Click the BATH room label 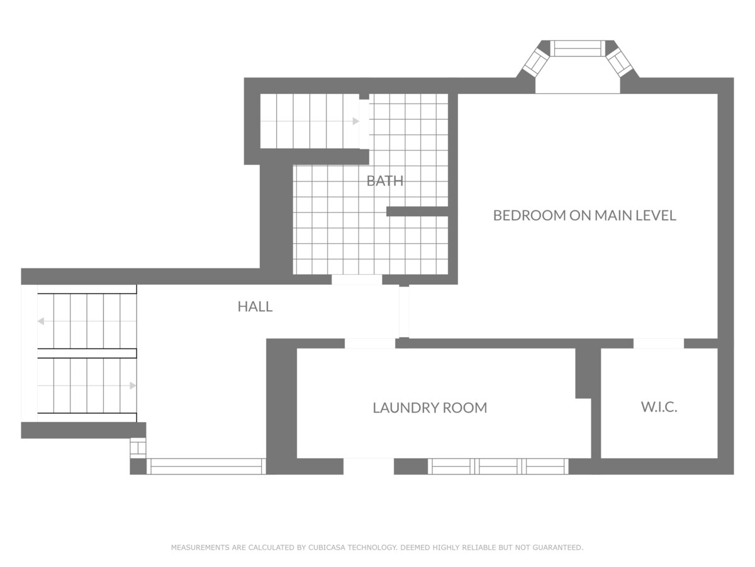point(385,181)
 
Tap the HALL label point(255,306)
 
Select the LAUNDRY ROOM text point(430,408)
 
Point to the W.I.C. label point(659,407)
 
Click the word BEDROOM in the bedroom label point(529,215)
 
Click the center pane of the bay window point(577,49)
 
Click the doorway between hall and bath point(357,280)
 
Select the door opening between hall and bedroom point(404,312)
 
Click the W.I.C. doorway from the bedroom point(659,343)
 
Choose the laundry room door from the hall point(370,343)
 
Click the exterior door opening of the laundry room point(369,466)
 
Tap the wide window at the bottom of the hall point(206,466)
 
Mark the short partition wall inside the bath point(417,212)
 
